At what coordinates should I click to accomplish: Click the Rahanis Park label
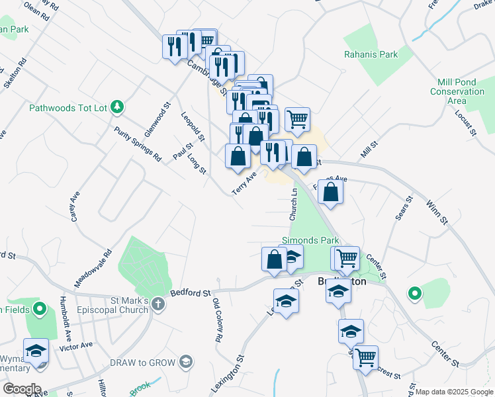[371, 54]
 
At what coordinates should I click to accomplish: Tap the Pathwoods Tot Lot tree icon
[117, 106]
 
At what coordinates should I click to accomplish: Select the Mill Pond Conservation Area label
[457, 91]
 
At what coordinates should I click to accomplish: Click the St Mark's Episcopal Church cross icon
[157, 304]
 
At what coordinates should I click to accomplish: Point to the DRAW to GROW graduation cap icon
[186, 361]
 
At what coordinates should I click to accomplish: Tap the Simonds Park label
[310, 240]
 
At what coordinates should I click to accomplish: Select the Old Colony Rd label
[217, 320]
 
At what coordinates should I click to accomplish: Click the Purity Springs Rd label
[137, 145]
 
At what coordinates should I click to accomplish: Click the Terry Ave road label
[244, 183]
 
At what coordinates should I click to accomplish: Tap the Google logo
[21, 389]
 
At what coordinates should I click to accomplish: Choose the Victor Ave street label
[75, 345]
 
